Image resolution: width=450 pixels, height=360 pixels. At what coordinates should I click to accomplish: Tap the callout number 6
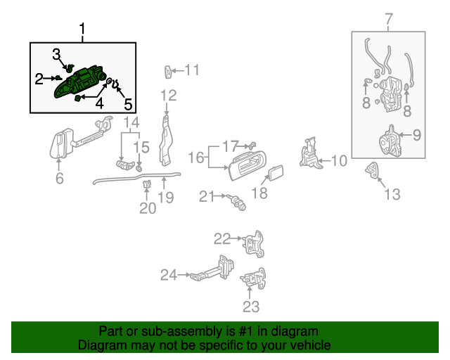pos(59,179)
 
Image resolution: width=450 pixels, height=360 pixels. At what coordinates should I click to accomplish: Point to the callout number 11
pos(192,70)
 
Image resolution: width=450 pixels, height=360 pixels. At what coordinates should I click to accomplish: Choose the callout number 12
pos(168,96)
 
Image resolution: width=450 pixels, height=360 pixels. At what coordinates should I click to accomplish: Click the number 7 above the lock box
pos(389,19)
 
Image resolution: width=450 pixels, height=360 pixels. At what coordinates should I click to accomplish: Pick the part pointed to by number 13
pos(372,169)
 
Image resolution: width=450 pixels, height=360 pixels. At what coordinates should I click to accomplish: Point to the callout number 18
pos(259,193)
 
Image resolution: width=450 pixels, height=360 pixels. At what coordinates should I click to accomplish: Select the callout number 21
pos(205,197)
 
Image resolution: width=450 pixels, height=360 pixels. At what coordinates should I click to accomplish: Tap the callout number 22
pos(222,238)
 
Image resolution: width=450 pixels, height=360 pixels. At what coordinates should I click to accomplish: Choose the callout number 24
pos(169,275)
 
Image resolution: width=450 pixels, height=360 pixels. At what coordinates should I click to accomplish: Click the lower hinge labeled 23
pos(253,279)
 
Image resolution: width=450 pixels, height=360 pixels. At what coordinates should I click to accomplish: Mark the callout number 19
pos(165,198)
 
